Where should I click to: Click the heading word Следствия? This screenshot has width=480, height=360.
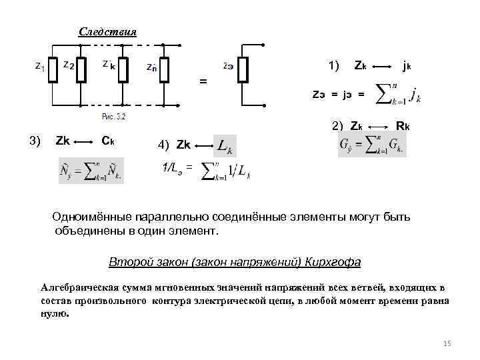(x=107, y=32)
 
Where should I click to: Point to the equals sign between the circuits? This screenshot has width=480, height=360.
(x=203, y=81)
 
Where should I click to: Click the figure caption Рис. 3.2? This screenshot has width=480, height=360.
(x=113, y=117)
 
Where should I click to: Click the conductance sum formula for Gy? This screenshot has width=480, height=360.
(x=371, y=145)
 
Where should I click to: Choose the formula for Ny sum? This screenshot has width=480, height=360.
(x=91, y=175)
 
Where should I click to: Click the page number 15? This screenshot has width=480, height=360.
(x=447, y=343)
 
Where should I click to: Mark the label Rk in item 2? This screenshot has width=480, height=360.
(x=403, y=125)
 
